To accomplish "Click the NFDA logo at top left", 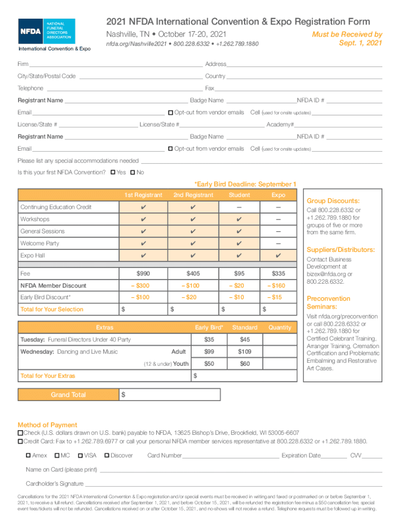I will [x=47, y=31].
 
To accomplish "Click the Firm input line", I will [x=115, y=64].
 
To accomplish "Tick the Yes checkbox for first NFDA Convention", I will [x=113, y=172].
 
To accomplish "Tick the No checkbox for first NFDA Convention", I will [x=133, y=172].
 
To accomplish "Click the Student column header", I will [x=239, y=195].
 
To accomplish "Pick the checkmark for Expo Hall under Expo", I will [x=278, y=256].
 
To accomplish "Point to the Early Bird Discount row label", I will [x=45, y=297].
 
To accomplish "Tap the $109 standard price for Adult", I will [x=245, y=352].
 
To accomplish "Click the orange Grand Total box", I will [x=68, y=395].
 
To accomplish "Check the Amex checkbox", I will [x=29, y=456].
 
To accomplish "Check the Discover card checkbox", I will [x=106, y=456].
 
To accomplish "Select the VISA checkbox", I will [x=80, y=456].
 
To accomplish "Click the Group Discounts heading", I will [x=333, y=201].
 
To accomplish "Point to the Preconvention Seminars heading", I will [x=328, y=302].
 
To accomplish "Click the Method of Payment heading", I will [x=47, y=424].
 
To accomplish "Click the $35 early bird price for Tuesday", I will [x=209, y=340].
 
